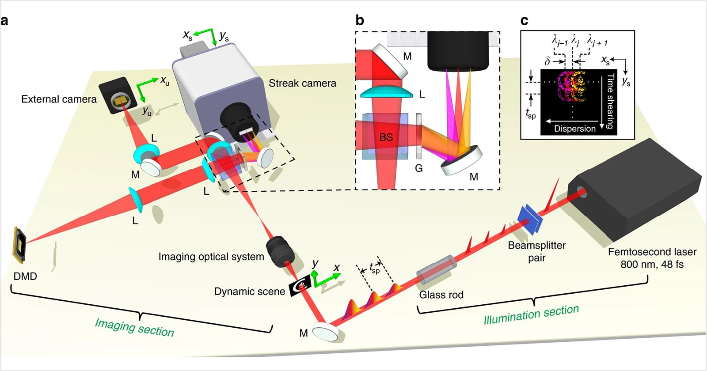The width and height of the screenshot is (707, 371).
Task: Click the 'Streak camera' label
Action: pos(302,83)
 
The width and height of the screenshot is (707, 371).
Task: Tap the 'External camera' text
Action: pos(59,99)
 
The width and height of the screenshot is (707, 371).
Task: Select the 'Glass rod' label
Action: pos(441,295)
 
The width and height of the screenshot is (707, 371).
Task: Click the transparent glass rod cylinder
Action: pos(436,269)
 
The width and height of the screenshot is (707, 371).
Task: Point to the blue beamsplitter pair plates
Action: pos(529,219)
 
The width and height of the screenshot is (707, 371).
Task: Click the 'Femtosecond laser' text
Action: pos(652,252)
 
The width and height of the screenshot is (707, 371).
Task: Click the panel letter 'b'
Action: pos(360,20)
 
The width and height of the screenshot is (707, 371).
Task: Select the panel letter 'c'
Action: pos(524,20)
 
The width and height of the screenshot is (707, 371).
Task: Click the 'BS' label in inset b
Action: pos(386,137)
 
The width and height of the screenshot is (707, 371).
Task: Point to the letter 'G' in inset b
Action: pos(418,168)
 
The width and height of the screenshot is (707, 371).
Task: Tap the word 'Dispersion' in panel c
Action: pos(574,129)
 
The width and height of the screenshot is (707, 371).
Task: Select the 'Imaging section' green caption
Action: pos(134,327)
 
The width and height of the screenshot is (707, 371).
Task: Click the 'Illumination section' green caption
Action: pos(531,314)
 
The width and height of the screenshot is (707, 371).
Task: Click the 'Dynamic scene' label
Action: pos(249,291)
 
